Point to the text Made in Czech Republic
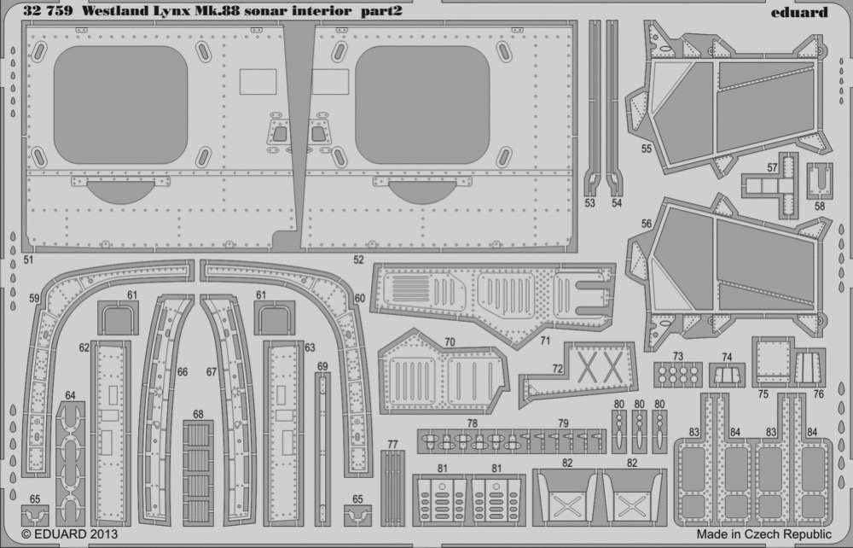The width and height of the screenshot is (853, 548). coord(763,533)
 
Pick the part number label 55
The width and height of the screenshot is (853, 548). coord(647,148)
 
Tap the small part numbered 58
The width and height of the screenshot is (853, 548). coord(819,181)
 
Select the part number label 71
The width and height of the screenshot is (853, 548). coord(545,341)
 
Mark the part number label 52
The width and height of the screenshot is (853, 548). coord(358,260)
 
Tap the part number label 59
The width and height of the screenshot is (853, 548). coord(35,298)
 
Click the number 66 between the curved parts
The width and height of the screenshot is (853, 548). coord(183,372)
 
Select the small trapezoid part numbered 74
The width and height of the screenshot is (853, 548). coord(728,376)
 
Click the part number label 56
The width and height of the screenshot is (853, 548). coord(647,224)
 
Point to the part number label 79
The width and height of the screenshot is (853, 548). coord(563,423)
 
